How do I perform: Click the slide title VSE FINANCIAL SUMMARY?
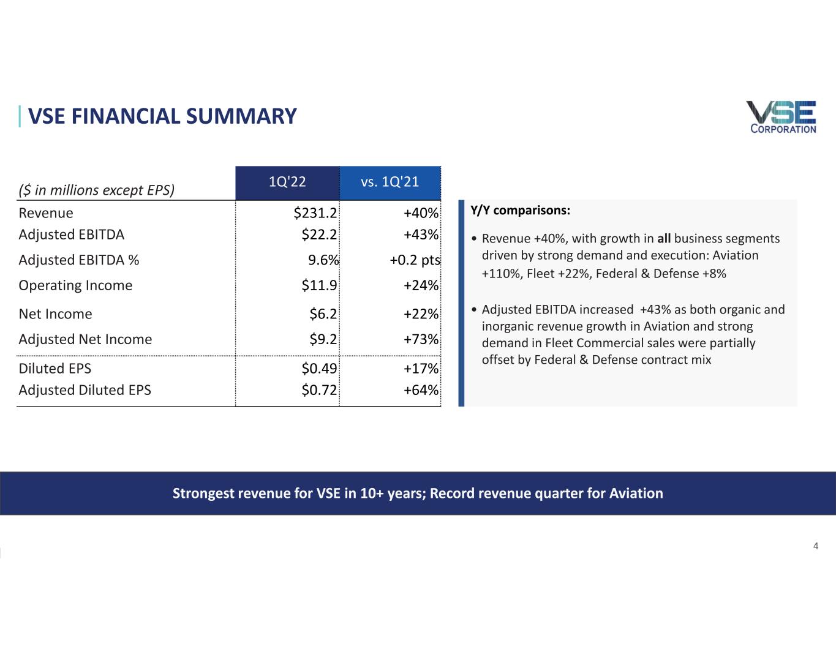point(162,116)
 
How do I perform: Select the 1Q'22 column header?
point(287,181)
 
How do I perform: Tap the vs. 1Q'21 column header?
point(390,181)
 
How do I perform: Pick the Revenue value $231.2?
point(315,212)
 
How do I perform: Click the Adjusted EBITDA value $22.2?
point(319,234)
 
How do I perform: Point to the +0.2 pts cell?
point(415,260)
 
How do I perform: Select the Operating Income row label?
point(75,285)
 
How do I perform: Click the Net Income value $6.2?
point(323,314)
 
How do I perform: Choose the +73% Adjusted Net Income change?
point(421,339)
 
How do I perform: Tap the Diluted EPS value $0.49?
point(319,369)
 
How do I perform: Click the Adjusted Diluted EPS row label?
point(85,390)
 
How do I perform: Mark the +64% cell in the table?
point(421,390)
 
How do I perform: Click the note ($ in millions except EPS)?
point(97,190)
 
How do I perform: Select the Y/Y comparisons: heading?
point(520,211)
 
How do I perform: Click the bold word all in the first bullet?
point(664,238)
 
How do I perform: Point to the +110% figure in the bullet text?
point(502,274)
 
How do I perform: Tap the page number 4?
point(816,546)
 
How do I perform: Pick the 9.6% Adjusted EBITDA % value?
point(323,260)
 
